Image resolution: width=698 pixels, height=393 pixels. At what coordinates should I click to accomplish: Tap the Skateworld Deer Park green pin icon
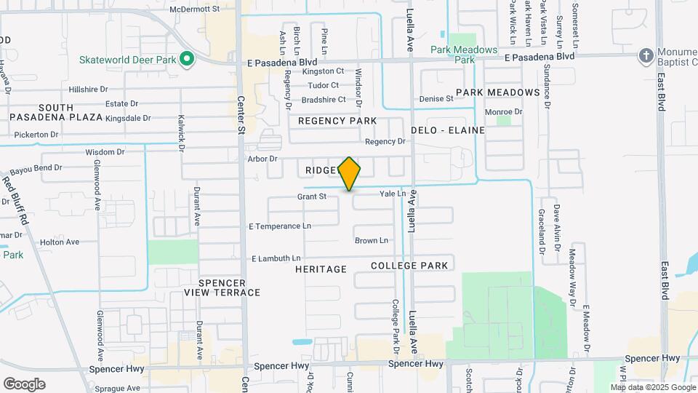pos(186,59)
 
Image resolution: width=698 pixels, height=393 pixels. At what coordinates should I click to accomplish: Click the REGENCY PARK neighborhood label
pos(337,121)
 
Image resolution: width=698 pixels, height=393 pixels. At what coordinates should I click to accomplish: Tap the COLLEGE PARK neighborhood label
pos(409,266)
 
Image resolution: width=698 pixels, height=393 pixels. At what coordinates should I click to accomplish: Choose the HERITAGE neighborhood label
pos(321,269)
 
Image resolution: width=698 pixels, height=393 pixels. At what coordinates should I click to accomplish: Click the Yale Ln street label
pos(393,194)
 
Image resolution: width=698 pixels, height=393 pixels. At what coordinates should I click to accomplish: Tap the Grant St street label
pos(312,196)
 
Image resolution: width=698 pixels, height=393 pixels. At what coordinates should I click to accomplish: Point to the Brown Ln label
pos(372,240)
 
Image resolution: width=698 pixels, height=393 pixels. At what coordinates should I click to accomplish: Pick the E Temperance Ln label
pos(279,226)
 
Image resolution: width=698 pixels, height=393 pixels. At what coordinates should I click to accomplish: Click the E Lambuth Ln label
pos(276,258)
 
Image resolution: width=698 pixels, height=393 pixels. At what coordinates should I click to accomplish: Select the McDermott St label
pos(194,9)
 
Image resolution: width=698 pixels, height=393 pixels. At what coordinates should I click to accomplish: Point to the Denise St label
pos(436,99)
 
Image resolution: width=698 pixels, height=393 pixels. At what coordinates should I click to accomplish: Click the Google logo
pos(24,384)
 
